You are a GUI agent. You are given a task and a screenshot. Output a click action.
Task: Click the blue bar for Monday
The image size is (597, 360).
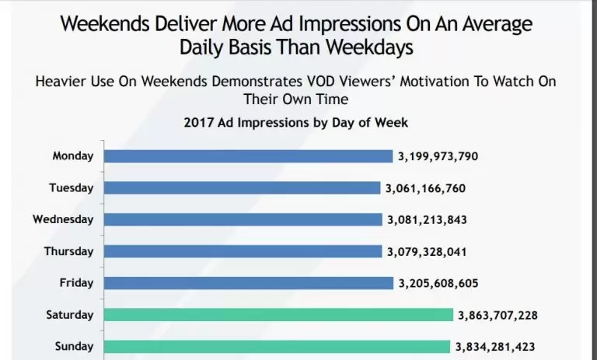click(248, 156)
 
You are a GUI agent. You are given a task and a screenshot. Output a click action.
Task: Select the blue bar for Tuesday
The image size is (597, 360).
click(243, 188)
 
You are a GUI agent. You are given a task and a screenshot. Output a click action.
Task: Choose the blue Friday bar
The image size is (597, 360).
click(249, 283)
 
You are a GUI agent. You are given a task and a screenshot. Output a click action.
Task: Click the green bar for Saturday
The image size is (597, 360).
click(278, 315)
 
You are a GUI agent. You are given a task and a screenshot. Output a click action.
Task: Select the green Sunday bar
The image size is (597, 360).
click(276, 347)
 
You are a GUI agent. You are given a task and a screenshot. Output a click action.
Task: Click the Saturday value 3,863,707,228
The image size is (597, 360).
click(497, 315)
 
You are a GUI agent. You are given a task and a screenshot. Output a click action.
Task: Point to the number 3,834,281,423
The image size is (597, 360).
click(495, 347)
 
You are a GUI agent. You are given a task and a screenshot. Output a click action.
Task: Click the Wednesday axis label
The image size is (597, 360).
click(63, 220)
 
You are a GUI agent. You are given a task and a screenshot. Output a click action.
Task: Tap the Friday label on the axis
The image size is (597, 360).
click(76, 283)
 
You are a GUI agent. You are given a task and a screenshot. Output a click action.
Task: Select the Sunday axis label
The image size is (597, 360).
click(75, 347)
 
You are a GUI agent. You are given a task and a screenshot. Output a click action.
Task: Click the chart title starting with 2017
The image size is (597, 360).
click(295, 122)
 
